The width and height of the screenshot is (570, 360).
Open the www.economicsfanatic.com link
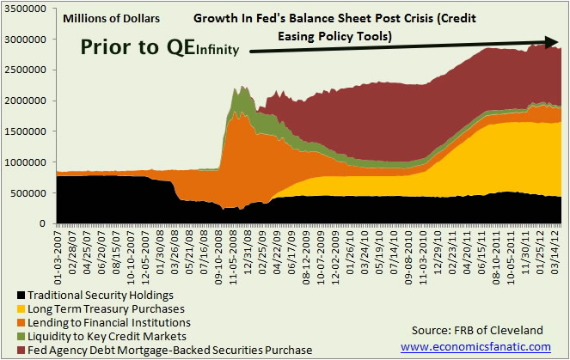click(475, 347)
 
